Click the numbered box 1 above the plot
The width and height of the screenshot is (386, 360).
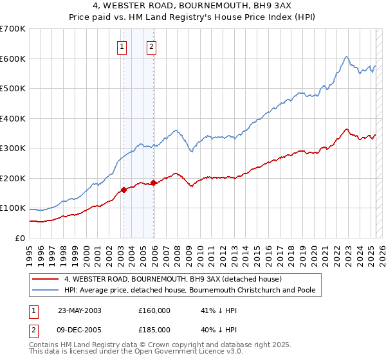coord(122,46)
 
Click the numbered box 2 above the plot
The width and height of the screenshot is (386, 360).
coord(151,46)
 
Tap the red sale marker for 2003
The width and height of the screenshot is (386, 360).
coord(124,190)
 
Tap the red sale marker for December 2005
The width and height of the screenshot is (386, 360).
coord(153,183)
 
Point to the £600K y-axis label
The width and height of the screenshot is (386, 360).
coord(13,59)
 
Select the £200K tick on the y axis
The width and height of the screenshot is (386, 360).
coord(13,178)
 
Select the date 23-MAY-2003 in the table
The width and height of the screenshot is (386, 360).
coord(80,310)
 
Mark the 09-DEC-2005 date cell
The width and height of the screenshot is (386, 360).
coord(80,329)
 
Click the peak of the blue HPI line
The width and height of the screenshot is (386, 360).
coord(346,57)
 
